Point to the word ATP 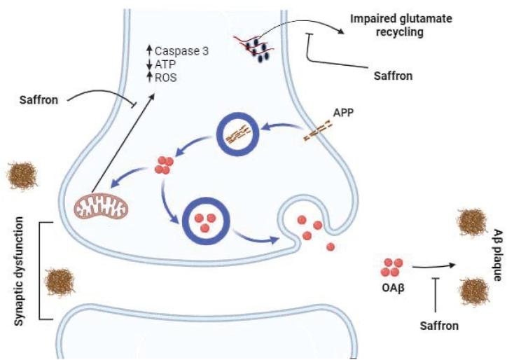point(167,64)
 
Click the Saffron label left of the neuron point(40,102)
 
